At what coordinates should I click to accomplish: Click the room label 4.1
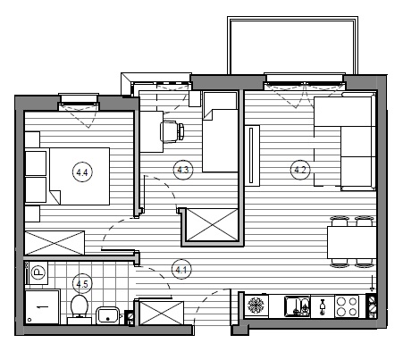tap(181, 270)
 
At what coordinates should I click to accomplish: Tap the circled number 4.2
tap(300, 170)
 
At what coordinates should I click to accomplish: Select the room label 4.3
tap(183, 170)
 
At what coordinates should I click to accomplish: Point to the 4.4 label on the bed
tap(82, 172)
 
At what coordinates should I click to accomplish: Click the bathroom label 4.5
tap(82, 284)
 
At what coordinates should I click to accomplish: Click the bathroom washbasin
tap(108, 315)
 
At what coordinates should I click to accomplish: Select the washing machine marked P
tap(38, 272)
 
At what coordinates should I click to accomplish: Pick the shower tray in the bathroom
tap(43, 306)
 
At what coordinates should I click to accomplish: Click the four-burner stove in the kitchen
tap(347, 306)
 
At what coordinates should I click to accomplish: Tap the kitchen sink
tap(297, 306)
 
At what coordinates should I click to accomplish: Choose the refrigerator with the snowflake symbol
tap(256, 306)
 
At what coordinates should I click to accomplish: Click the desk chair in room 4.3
tap(172, 131)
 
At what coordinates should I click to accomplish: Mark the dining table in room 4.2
tap(352, 242)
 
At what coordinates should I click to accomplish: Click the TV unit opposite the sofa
tap(252, 155)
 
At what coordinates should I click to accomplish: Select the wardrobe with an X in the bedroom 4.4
tap(55, 243)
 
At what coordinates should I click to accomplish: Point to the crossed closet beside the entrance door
tap(162, 313)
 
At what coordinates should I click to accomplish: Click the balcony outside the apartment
tap(292, 46)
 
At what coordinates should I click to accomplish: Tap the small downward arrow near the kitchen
tap(372, 283)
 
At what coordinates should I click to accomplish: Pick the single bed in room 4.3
tap(220, 131)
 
